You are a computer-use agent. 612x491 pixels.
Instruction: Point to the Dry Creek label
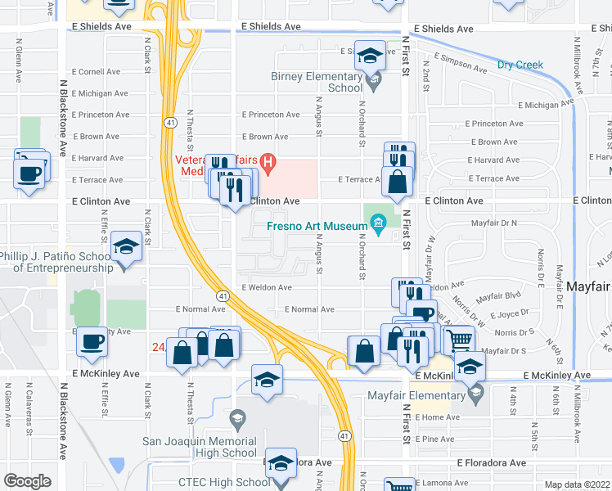coord(520,65)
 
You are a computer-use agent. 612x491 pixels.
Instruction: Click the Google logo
coord(27,481)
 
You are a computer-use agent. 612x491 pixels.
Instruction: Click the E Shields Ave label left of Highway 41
coord(101,26)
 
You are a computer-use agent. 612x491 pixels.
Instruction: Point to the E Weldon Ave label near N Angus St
coord(266,287)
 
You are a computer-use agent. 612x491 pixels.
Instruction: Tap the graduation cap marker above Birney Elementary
coord(371,56)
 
